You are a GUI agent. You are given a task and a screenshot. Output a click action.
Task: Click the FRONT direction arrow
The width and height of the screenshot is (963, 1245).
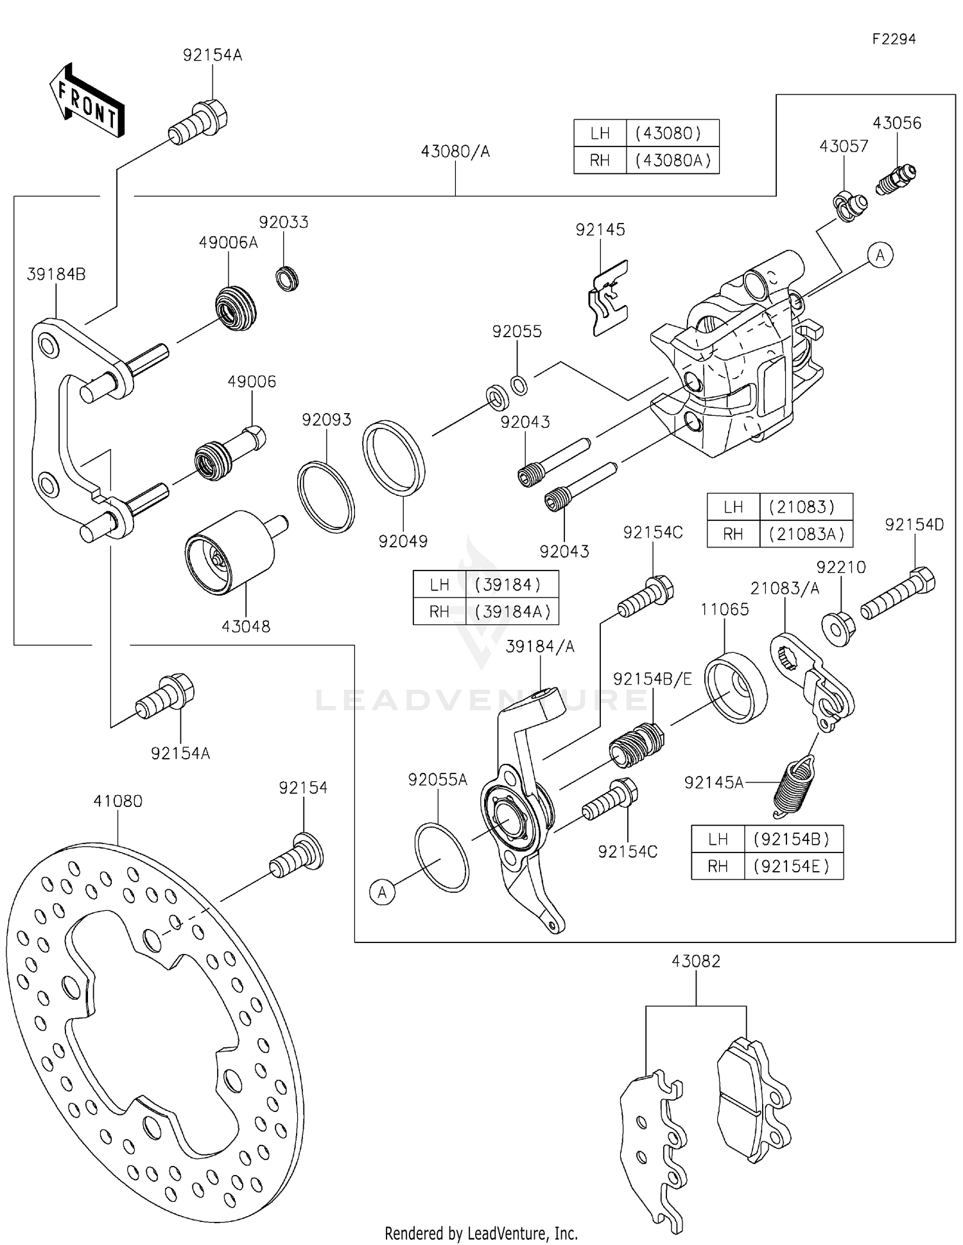[x=87, y=102]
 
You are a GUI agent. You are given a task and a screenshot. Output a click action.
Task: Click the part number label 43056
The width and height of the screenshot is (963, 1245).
[x=896, y=123]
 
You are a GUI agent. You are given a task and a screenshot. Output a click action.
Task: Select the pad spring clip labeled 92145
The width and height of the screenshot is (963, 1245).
[x=607, y=299]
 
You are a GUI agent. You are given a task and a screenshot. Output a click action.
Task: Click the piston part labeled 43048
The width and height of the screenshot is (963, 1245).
[x=231, y=552]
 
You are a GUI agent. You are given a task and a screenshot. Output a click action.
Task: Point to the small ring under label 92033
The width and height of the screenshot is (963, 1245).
[x=287, y=279]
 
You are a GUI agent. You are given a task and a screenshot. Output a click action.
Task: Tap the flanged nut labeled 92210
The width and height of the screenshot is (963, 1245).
[x=838, y=628]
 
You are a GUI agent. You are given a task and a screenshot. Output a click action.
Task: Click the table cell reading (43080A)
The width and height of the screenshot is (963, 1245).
[x=672, y=160]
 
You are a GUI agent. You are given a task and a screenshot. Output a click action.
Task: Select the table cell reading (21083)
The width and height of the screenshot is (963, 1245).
[x=805, y=507]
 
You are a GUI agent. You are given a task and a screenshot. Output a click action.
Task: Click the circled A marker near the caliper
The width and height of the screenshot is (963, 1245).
[x=880, y=255]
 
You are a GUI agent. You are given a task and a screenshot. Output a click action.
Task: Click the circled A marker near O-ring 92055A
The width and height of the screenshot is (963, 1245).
[x=383, y=892]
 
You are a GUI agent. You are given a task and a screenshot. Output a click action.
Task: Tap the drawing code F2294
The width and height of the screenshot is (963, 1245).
[x=894, y=39]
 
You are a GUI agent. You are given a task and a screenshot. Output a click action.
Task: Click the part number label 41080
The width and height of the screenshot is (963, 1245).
[x=117, y=801]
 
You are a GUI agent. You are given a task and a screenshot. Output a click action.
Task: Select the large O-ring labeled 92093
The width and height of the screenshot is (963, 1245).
[x=325, y=497]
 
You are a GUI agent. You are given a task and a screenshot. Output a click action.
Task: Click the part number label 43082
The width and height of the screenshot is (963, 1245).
[x=696, y=961]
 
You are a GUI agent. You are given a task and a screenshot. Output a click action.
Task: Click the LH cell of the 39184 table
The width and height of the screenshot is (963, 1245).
[x=439, y=585]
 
